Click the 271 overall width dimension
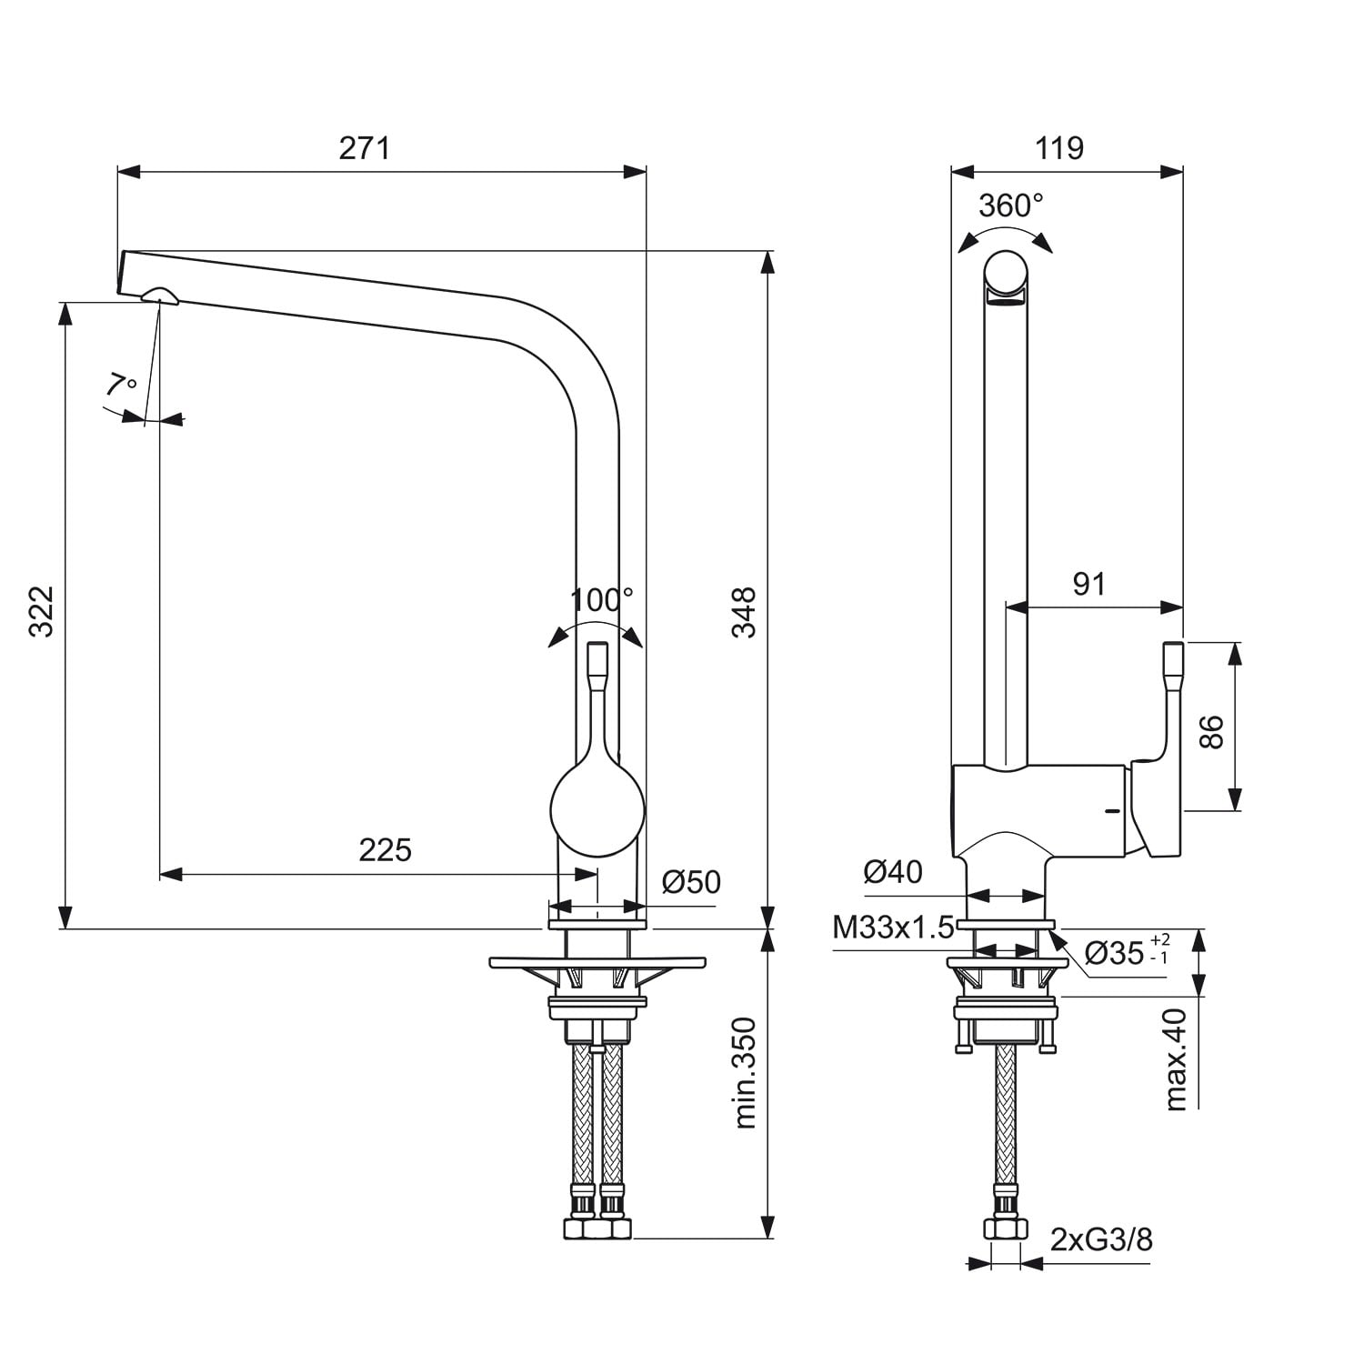(365, 147)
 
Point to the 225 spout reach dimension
(385, 849)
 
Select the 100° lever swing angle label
(601, 599)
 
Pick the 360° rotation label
(1010, 206)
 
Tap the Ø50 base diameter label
(691, 881)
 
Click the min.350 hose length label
(746, 1073)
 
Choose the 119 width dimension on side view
(1059, 147)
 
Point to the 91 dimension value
(1088, 584)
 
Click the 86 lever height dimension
(1211, 731)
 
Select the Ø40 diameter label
(893, 872)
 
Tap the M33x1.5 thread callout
(894, 928)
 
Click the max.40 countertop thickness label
(1177, 1059)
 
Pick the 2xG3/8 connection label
(1101, 1239)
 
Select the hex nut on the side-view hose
(1004, 1229)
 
